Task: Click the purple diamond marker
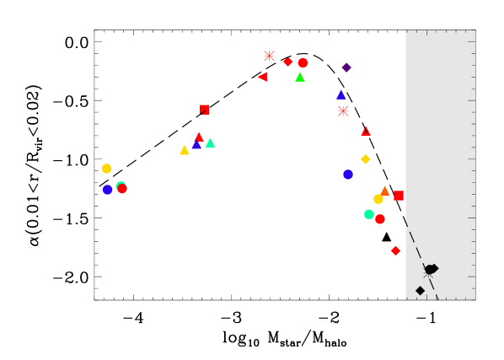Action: (346, 67)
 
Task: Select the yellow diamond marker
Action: (366, 159)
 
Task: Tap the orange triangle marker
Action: (386, 191)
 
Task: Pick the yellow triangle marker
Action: (185, 150)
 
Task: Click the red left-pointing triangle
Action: (262, 77)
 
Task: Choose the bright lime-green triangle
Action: (300, 77)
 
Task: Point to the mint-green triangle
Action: (211, 142)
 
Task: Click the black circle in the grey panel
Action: (429, 270)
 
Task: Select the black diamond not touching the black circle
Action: (420, 291)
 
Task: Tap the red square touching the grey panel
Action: (399, 196)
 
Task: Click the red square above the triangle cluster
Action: (205, 110)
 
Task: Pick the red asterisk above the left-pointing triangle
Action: (269, 56)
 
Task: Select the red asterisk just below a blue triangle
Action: (343, 110)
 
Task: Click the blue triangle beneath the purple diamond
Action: (341, 94)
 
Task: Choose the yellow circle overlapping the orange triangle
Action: (378, 199)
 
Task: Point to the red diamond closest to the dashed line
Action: (395, 250)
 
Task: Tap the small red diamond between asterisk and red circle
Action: (287, 62)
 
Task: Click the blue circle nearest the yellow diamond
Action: (348, 175)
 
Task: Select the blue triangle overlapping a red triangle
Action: (196, 145)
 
